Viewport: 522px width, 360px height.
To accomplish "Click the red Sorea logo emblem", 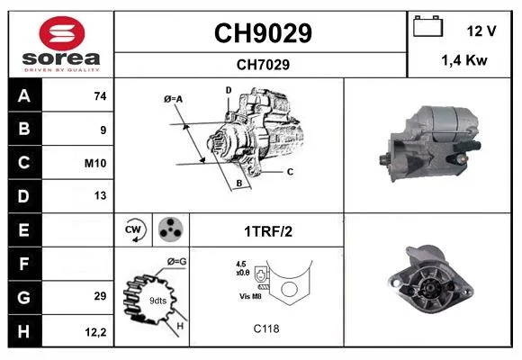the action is [62, 33].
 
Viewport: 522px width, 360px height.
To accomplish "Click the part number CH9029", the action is [263, 33].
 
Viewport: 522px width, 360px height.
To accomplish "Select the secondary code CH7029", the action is [263, 65].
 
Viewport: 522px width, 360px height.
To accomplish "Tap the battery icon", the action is [427, 26].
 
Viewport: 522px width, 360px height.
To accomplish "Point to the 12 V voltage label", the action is [481, 31].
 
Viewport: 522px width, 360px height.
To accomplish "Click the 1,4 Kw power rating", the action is [464, 60].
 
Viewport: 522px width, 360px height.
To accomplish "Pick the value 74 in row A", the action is [100, 96].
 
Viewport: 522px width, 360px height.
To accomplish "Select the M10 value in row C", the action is [95, 163].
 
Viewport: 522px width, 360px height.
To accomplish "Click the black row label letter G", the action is [24, 297].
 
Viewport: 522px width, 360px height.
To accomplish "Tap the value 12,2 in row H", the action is [95, 332].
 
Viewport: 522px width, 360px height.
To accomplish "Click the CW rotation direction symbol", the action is [134, 229].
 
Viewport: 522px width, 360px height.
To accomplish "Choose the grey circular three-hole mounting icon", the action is [170, 229].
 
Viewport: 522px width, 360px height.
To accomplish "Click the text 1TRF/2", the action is [268, 231].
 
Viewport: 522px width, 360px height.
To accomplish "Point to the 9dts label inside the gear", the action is [157, 301].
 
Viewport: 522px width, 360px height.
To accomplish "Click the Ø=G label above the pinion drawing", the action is [176, 262].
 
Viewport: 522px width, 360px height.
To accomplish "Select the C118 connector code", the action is [266, 328].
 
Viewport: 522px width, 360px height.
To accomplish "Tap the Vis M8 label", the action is [250, 296].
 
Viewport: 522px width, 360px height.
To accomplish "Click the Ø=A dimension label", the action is [173, 99].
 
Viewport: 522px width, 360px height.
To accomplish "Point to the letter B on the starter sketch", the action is [239, 184].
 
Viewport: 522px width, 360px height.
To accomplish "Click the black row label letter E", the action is [24, 230].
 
